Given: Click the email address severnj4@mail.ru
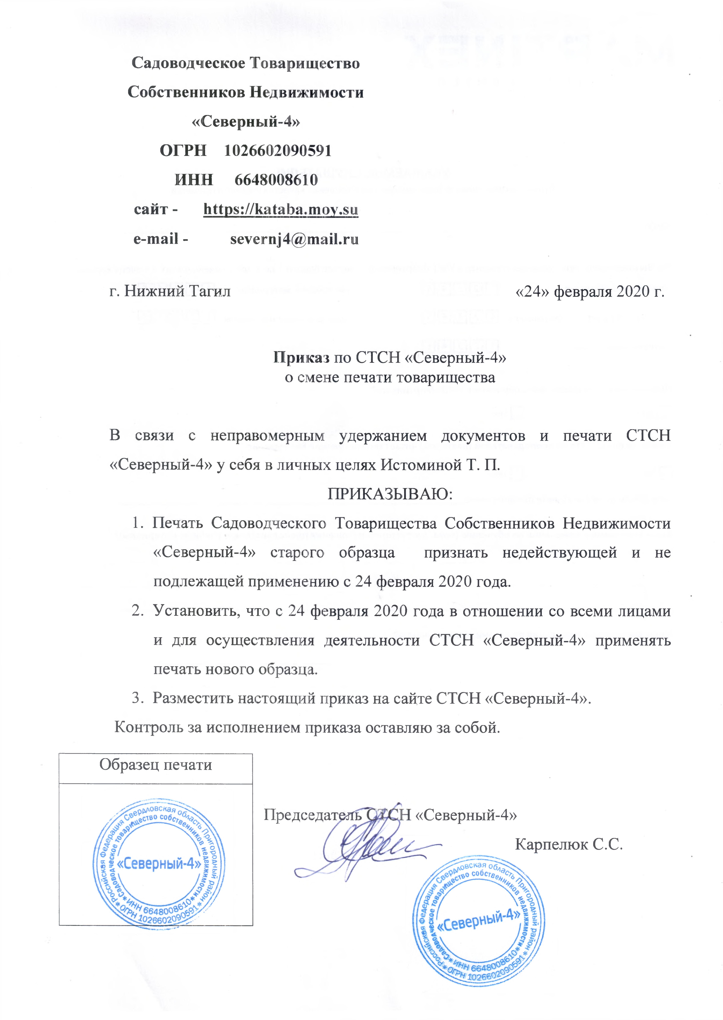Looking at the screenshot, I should click(294, 239).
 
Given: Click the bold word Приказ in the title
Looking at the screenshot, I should click(301, 357).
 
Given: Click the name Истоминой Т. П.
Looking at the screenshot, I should click(441, 465).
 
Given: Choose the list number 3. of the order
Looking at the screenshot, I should click(138, 698).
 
